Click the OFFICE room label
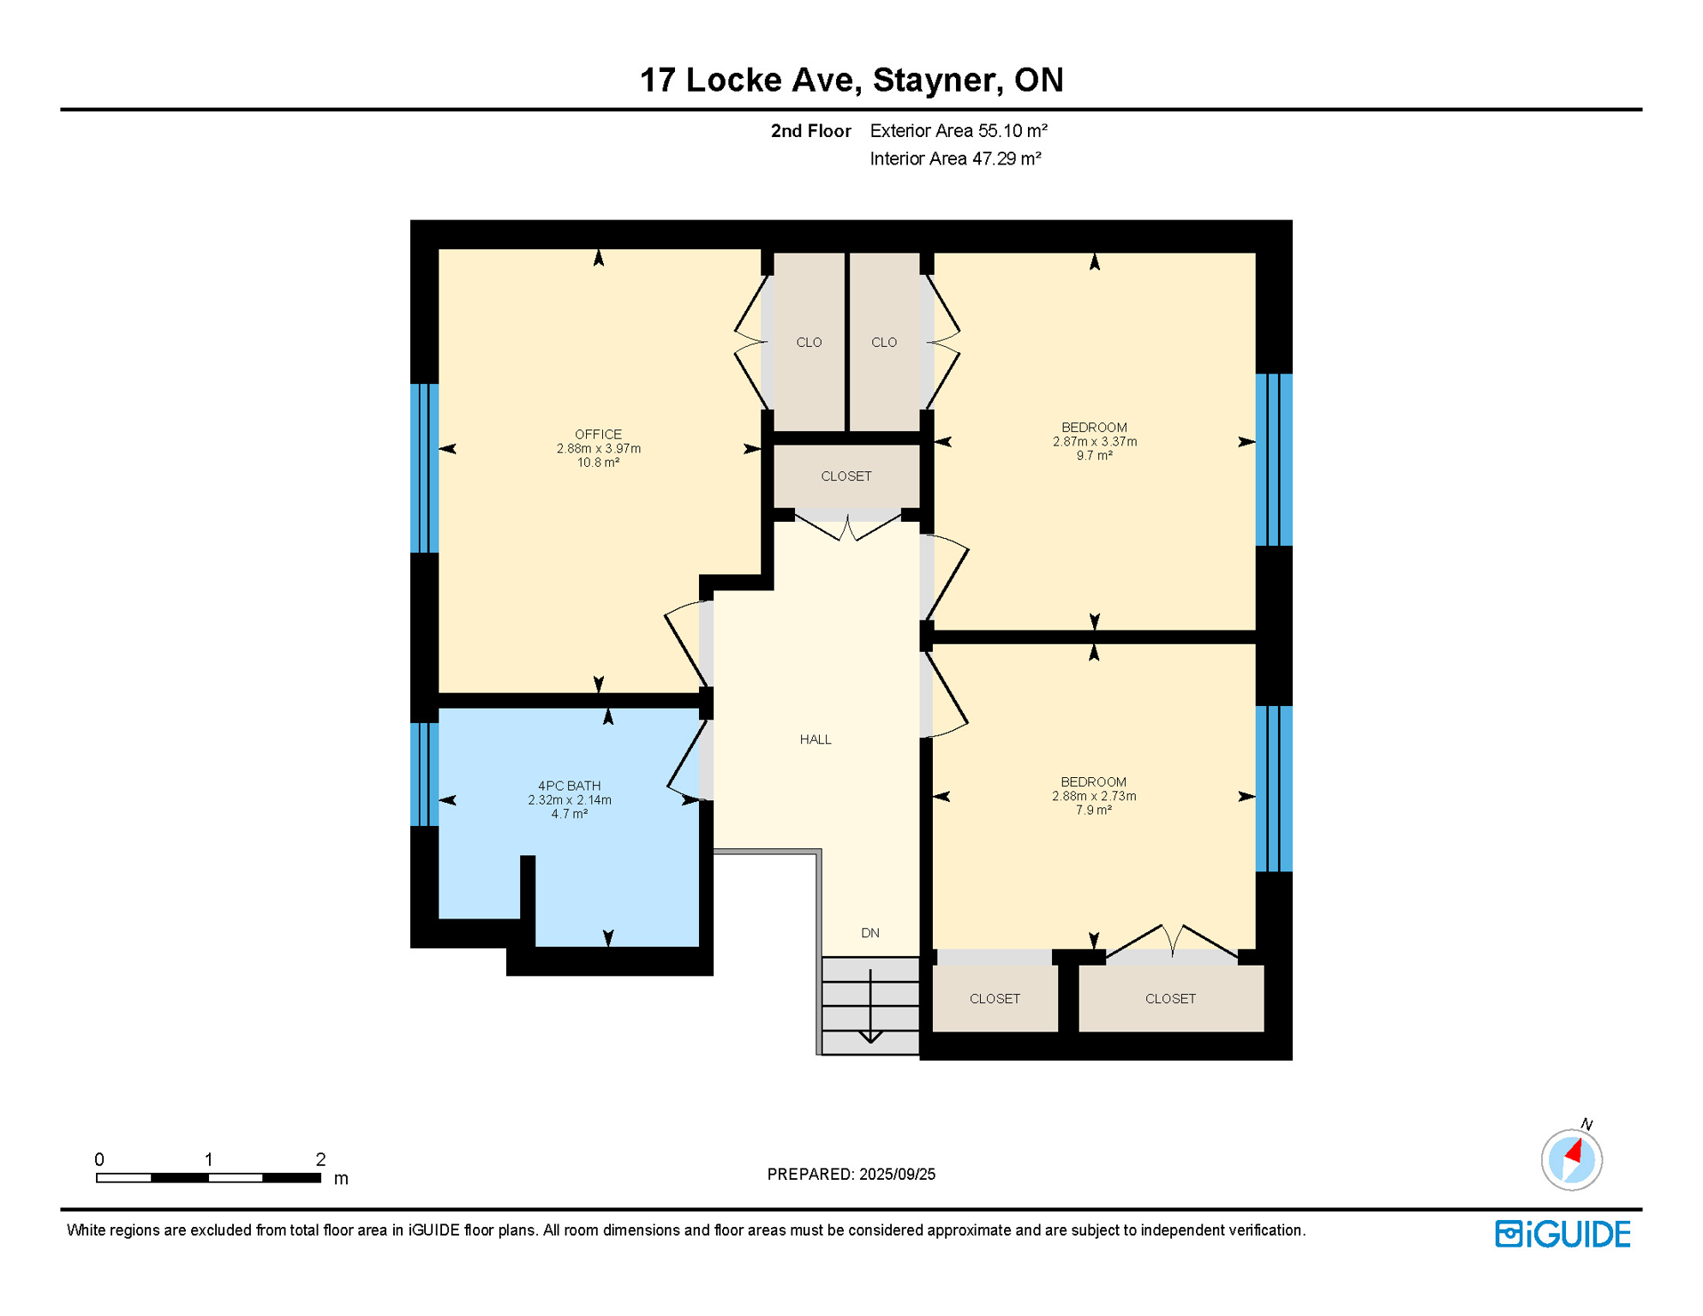[598, 434]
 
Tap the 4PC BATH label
[569, 786]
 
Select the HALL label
[815, 739]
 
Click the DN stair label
[869, 933]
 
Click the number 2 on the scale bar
[320, 1159]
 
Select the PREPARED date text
[851, 1174]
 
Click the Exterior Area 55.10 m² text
[958, 131]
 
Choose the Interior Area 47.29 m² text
[954, 159]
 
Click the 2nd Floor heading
[810, 131]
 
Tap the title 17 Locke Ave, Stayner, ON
[851, 80]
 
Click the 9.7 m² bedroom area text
[1094, 456]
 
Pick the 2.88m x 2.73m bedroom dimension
[1093, 796]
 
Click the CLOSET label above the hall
[846, 476]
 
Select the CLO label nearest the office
[808, 343]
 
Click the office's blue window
[424, 468]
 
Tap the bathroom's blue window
[424, 775]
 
